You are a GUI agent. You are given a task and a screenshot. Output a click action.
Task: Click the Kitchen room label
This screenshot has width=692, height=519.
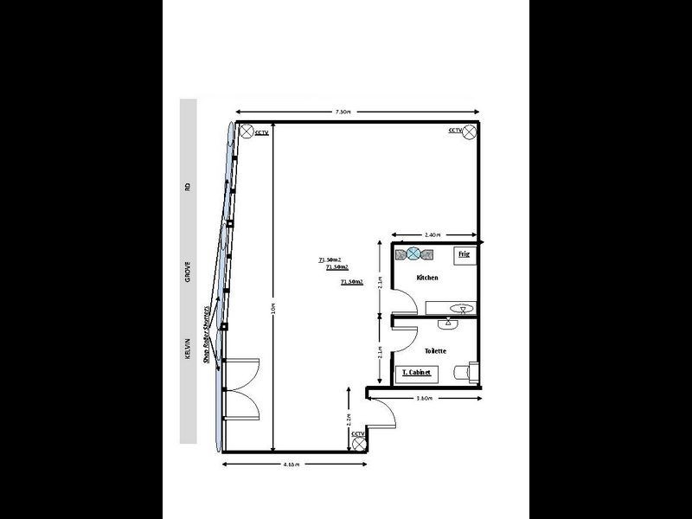pos(427,278)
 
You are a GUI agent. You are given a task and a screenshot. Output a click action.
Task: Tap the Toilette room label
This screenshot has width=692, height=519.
pos(435,350)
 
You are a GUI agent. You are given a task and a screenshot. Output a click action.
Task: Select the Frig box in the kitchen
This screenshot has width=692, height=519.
pos(464,254)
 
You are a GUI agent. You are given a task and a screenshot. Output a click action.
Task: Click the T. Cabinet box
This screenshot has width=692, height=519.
pos(416,373)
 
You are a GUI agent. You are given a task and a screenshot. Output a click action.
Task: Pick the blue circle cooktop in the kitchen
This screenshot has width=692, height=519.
pos(414,253)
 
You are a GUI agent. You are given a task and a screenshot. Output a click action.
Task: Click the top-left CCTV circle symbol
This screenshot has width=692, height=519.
pos(246,131)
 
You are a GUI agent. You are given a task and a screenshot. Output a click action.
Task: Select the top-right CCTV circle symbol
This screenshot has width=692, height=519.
pos(470,131)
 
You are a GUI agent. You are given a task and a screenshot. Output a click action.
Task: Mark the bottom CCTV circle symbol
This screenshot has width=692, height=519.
pos(358,442)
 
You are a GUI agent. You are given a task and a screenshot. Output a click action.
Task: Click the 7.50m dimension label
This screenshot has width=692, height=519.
pos(343,112)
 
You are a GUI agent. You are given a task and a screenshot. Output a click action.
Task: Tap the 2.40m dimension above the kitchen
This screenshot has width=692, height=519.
pos(433,234)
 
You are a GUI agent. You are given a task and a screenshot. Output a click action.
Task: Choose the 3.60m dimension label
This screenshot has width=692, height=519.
pos(424,399)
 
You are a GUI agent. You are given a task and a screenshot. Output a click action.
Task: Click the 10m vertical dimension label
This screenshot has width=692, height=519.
pos(273,307)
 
